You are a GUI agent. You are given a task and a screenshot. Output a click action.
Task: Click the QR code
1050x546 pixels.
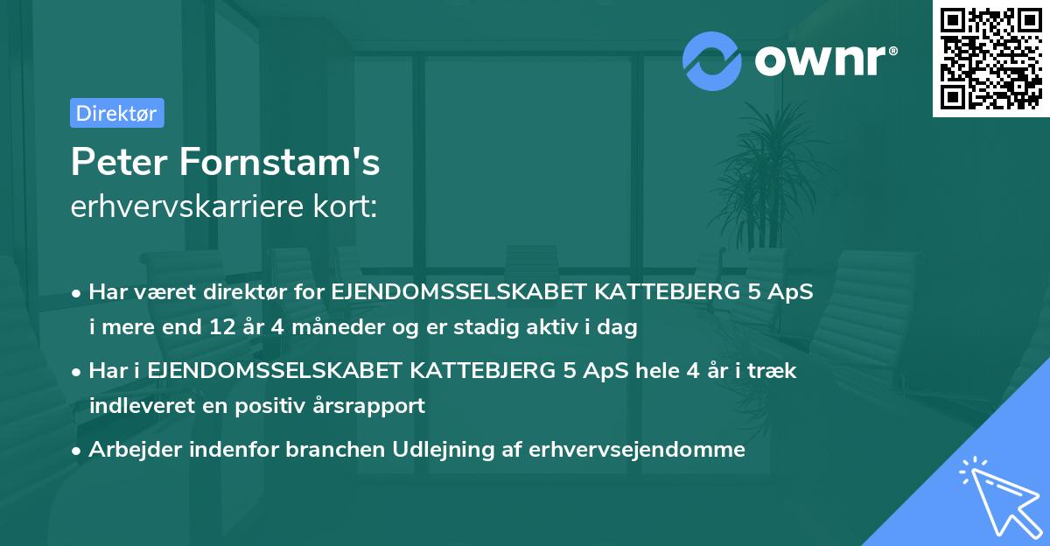pos(990,59)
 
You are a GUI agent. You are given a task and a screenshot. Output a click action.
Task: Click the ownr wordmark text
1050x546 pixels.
pos(825,60)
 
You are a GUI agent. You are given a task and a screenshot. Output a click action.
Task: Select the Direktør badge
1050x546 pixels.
pos(116,113)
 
